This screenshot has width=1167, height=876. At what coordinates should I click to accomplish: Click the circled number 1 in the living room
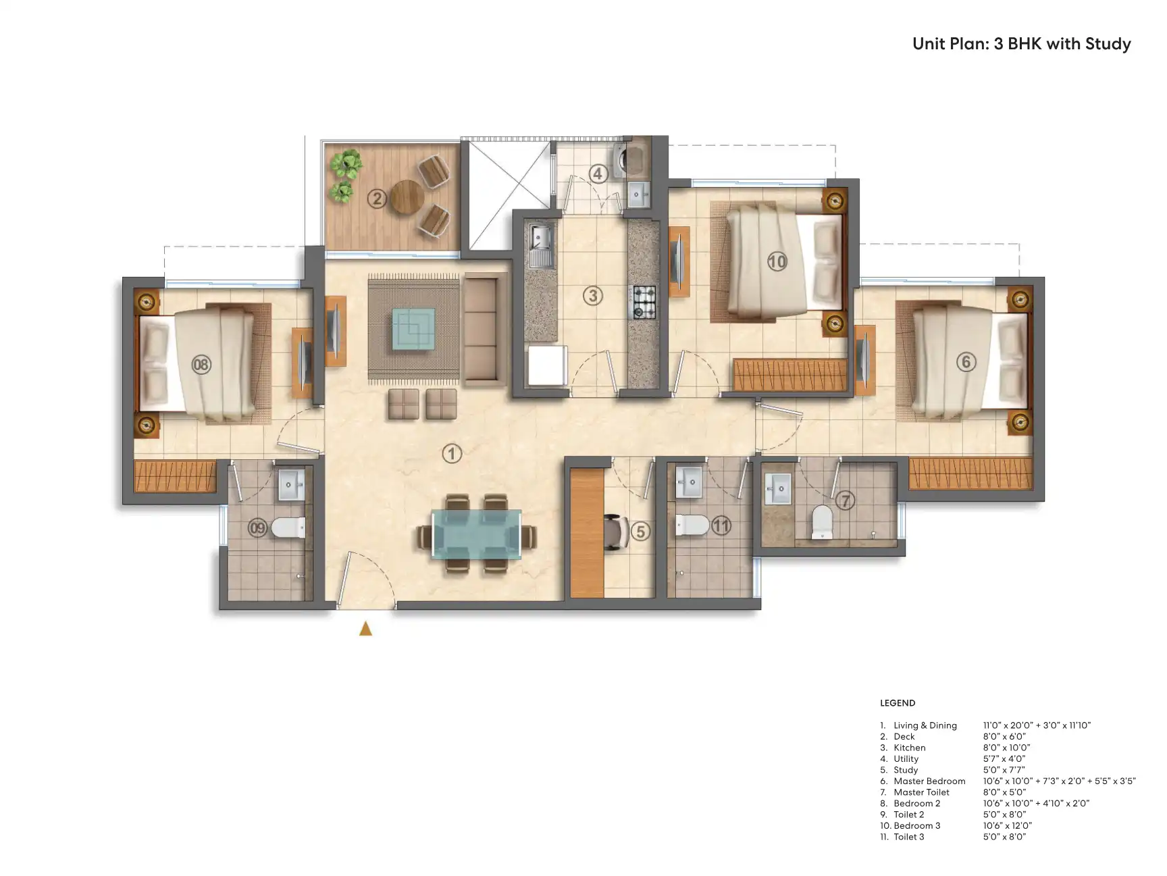(452, 453)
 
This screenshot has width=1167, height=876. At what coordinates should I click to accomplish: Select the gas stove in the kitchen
(644, 302)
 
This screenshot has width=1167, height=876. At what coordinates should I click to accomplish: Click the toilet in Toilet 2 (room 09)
(288, 527)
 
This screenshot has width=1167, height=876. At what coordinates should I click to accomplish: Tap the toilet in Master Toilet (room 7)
(822, 521)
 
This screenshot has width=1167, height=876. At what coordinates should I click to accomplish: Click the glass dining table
(477, 534)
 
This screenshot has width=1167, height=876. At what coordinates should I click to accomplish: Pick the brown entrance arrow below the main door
(365, 629)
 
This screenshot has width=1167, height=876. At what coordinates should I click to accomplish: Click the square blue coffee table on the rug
(414, 328)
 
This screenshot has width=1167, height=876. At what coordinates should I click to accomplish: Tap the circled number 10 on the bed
(777, 261)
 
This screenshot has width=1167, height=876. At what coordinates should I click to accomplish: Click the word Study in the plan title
(1108, 45)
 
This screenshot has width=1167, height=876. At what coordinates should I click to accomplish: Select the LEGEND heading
(898, 703)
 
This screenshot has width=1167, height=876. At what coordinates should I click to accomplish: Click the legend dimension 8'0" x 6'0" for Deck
(1004, 736)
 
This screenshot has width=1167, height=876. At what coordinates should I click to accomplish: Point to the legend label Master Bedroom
(929, 781)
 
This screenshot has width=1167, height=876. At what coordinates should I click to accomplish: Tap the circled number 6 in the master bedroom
(966, 362)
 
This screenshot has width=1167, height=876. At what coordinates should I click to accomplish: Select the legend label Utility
(906, 758)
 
